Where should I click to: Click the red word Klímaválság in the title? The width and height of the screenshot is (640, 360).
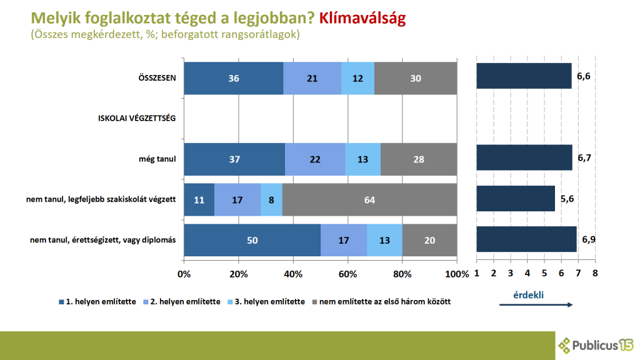(362, 18)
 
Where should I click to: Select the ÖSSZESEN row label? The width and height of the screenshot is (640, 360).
(157, 78)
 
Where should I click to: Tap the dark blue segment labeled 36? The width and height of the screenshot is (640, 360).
(234, 78)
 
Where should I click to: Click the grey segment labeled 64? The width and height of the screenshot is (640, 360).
(369, 199)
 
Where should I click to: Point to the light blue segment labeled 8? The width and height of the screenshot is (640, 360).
(271, 199)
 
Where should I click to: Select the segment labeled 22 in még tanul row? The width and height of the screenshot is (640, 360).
(315, 159)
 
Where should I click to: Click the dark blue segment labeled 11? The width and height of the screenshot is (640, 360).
(199, 199)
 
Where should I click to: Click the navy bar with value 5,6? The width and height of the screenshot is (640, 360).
(515, 199)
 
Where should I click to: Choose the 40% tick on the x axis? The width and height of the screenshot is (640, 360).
(293, 274)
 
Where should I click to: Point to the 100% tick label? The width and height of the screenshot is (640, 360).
(457, 274)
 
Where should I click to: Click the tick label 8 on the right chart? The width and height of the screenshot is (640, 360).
(595, 274)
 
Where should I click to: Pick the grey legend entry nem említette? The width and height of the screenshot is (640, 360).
(381, 302)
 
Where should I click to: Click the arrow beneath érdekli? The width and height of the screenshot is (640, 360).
(536, 304)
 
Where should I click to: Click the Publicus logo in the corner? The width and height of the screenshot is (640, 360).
(596, 345)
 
